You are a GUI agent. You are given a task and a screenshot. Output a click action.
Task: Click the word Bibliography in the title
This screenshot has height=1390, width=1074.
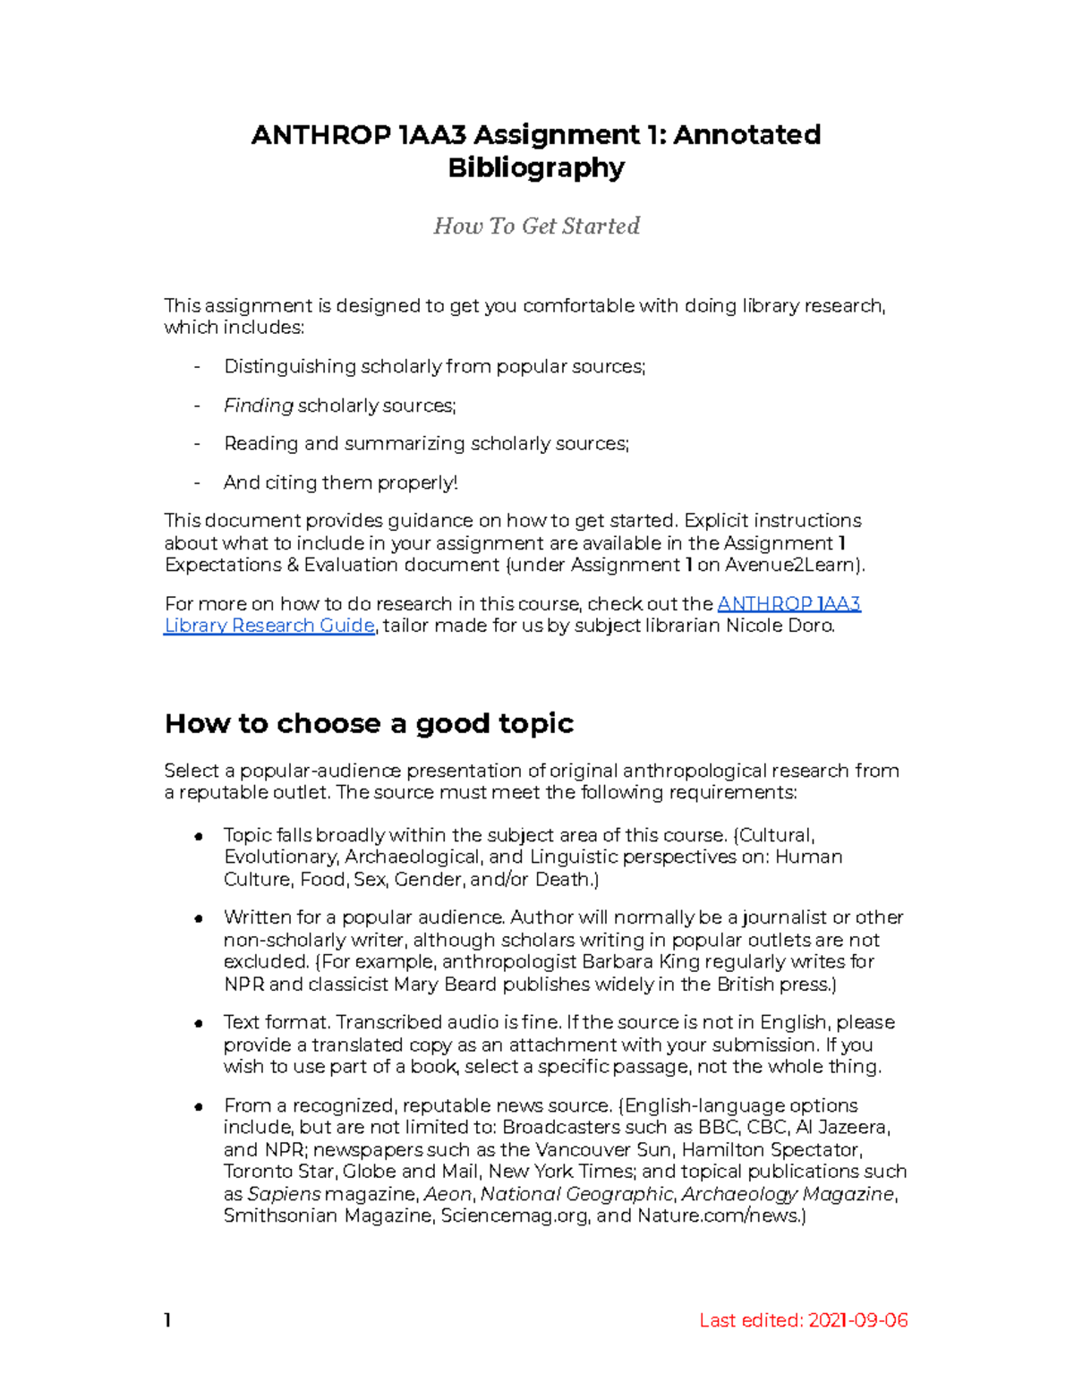tap(535, 168)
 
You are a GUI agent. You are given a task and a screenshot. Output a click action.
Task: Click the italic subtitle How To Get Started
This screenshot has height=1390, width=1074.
tap(536, 226)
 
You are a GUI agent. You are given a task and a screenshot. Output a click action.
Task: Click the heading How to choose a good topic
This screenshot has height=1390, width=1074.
tap(369, 723)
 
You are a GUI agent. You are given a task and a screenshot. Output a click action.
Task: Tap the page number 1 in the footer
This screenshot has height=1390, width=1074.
tap(167, 1320)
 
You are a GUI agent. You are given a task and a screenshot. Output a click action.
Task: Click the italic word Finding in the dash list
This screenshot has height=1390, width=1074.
tap(258, 406)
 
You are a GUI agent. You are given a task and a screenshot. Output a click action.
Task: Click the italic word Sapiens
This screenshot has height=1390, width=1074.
tap(283, 1194)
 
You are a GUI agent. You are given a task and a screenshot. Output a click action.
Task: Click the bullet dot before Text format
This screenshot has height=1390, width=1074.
tap(199, 1024)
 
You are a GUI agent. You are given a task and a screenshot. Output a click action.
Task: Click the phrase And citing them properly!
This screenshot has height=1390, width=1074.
tap(340, 483)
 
